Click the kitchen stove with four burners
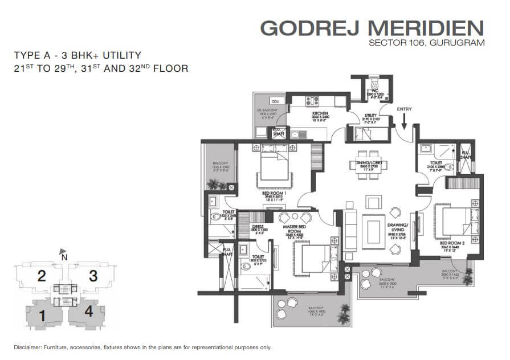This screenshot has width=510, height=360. [313, 101]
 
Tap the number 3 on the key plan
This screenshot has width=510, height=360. [92, 277]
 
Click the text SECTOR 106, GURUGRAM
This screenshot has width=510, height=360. [426, 43]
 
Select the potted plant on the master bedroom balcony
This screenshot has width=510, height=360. [344, 311]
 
